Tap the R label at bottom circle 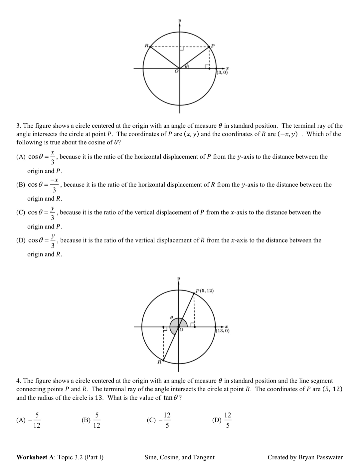pos(159,361)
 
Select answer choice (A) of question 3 pos(22,157)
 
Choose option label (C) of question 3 pos(22,212)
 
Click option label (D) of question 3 pos(22,240)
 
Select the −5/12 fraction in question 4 pos(35,420)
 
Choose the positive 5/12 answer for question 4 pos(97,420)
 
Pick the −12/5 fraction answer pos(165,420)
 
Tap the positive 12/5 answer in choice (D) pos(228,420)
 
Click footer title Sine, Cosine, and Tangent pos(180,457)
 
